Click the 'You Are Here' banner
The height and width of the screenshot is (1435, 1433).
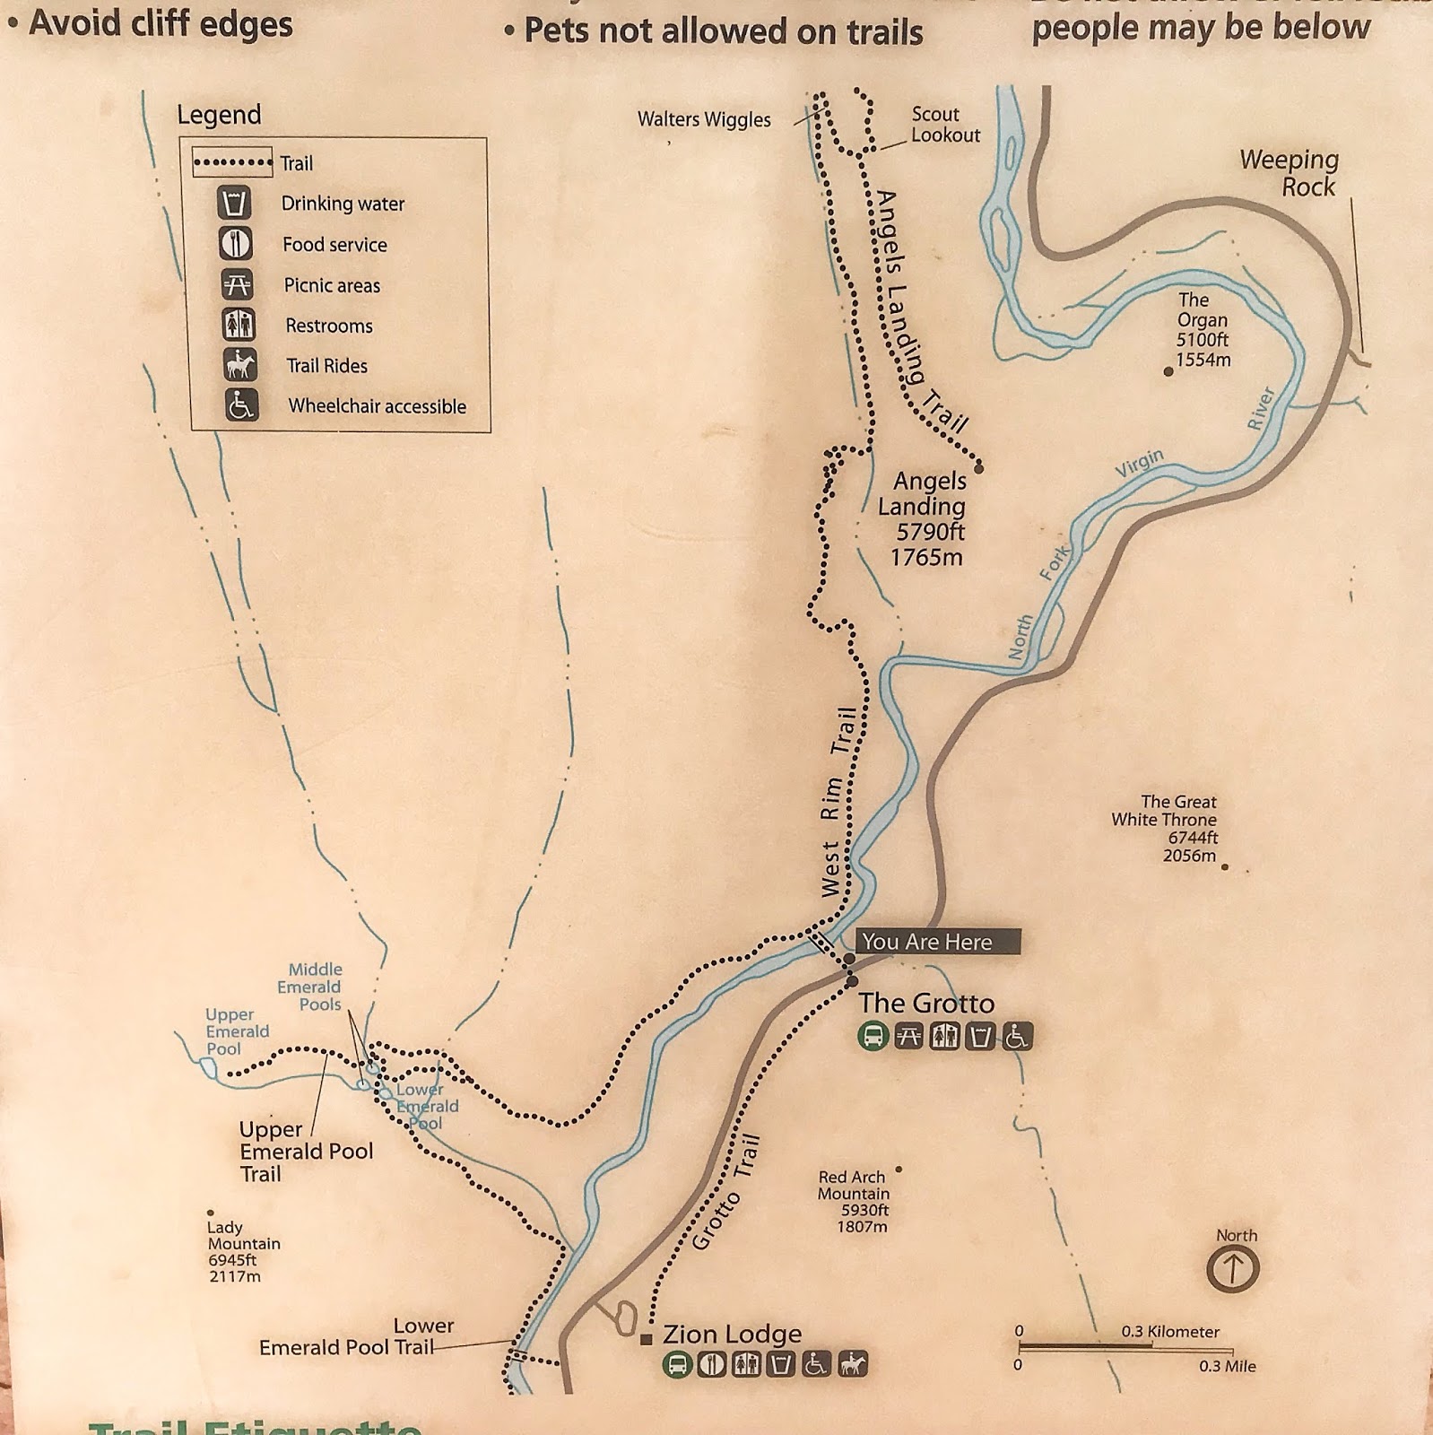point(936,942)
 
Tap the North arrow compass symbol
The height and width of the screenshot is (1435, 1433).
point(1233,1269)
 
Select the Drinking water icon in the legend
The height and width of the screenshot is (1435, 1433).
point(234,203)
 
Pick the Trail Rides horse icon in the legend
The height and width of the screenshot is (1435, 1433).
point(239,365)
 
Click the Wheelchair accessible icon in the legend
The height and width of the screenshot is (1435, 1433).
point(240,405)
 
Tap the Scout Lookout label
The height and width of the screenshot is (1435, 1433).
point(944,125)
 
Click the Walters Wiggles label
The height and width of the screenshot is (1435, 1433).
point(704,119)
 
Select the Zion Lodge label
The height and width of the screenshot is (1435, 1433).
point(732,1335)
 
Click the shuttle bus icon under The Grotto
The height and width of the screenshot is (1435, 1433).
point(873,1037)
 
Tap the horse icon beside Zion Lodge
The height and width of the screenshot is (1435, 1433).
point(853,1364)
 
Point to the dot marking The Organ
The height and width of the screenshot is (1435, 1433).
point(1168,371)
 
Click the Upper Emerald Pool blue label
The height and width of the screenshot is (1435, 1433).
point(237,1031)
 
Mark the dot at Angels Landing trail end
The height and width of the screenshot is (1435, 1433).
point(979,468)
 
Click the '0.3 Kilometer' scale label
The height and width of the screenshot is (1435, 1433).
point(1170,1332)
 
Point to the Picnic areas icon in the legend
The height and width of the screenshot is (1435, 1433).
point(238,284)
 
